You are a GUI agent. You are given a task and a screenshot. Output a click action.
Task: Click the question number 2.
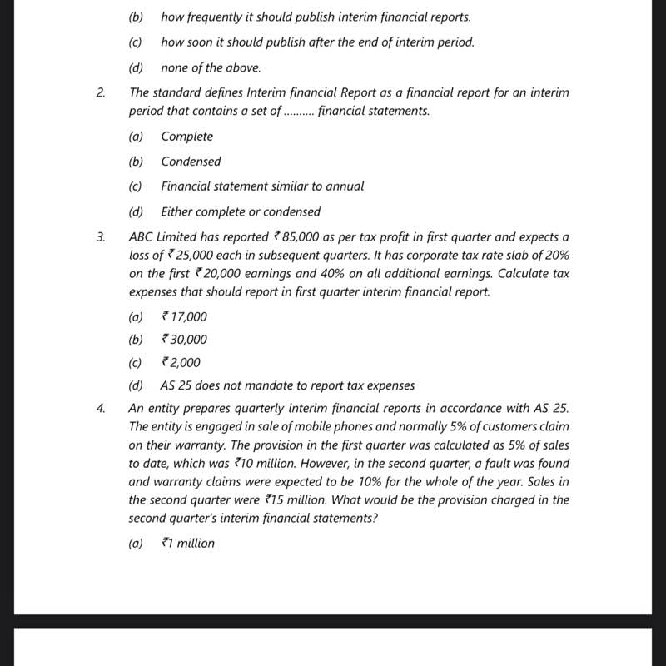point(100,93)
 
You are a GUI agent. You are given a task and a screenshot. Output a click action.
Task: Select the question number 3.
point(100,237)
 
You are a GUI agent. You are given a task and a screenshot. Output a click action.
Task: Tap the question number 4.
point(100,409)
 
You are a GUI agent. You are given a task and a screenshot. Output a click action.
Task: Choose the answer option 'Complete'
point(186,137)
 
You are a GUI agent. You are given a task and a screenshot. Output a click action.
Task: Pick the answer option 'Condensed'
point(191,162)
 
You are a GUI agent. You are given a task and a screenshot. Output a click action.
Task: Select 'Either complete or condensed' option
point(241,212)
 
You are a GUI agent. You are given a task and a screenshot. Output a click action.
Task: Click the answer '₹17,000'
point(184,316)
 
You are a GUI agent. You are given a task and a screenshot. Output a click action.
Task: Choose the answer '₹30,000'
point(184,340)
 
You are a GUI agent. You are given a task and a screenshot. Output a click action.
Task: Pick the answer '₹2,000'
point(181,363)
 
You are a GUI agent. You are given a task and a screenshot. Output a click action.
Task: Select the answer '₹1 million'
point(187,544)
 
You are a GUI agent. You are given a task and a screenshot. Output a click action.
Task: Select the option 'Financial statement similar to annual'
point(262,186)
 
